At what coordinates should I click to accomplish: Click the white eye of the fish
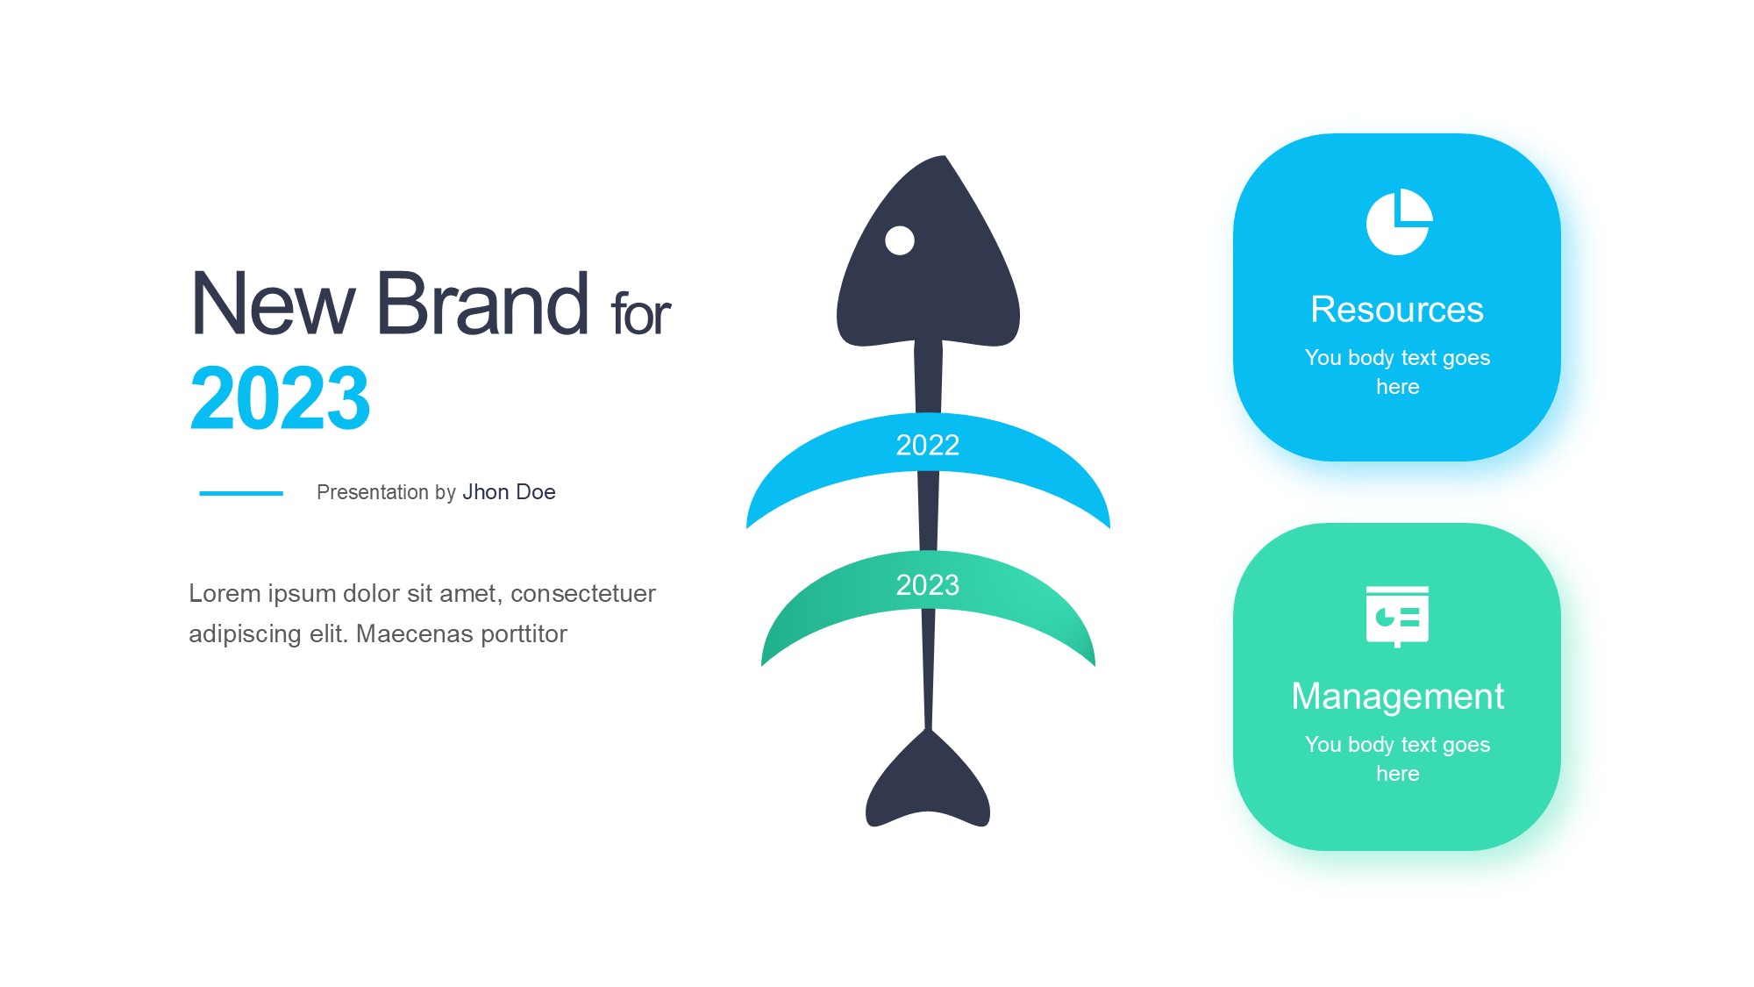(900, 240)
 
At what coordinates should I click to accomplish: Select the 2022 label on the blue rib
(928, 445)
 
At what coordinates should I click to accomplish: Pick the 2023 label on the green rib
(928, 584)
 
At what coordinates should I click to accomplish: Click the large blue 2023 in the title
(281, 398)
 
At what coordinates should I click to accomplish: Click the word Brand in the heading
(483, 304)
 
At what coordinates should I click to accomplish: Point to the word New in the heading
(273, 304)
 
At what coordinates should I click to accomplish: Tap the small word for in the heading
(641, 313)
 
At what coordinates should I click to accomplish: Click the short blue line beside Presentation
(241, 493)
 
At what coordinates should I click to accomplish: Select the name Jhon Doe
(510, 492)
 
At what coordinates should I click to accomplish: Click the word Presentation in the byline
(373, 492)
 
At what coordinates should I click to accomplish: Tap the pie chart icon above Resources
(1399, 222)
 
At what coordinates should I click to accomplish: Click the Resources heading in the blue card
(1397, 310)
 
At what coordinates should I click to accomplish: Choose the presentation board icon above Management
(1397, 617)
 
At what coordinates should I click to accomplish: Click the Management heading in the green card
(1398, 697)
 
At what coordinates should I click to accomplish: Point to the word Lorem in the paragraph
(225, 594)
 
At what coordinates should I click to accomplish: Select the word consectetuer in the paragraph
(583, 594)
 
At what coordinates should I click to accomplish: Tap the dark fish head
(928, 254)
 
